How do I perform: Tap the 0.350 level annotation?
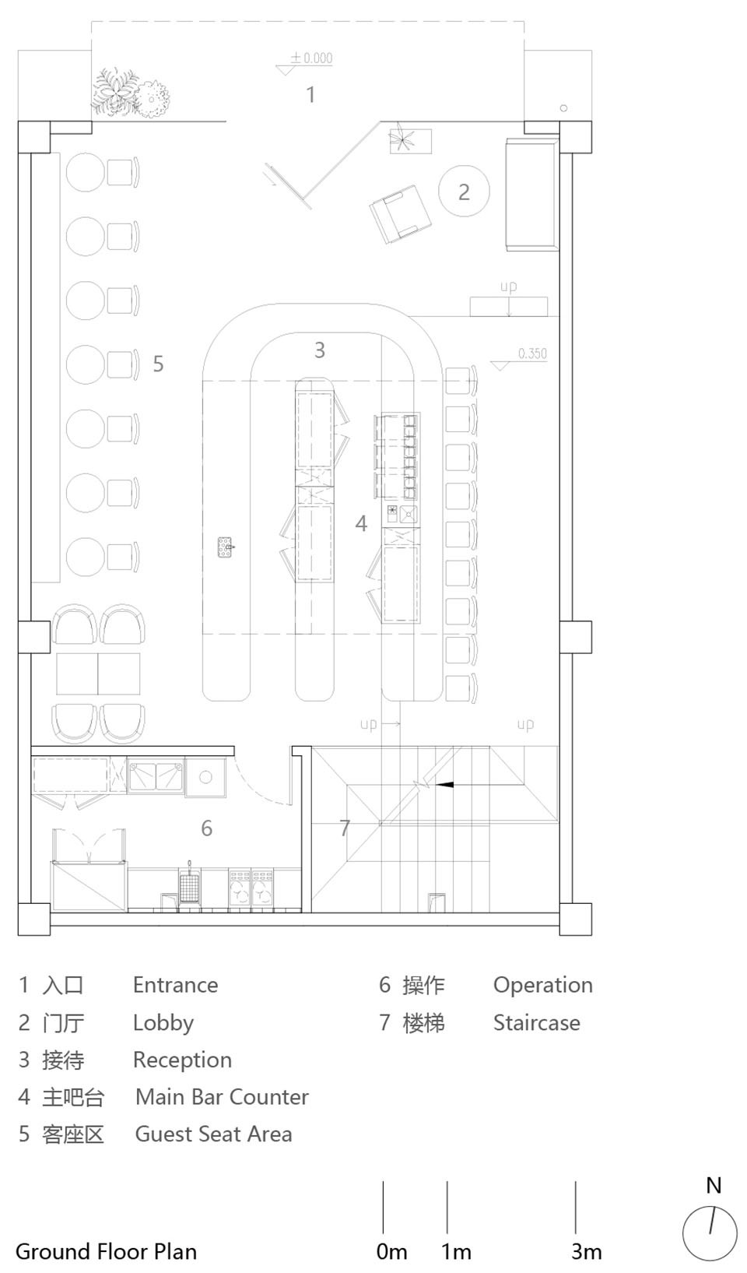coord(531,353)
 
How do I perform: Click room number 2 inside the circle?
coord(464,192)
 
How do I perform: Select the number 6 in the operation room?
coord(206,828)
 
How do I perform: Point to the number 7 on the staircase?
coord(345,828)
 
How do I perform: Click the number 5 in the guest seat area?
coord(158,364)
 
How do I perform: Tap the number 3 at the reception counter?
coord(319,350)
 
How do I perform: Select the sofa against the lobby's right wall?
coord(531,194)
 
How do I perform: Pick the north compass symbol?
coord(710,1233)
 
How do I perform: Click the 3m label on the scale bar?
coord(586,1252)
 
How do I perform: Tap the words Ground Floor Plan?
coord(106,1251)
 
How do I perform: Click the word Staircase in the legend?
coord(536,1022)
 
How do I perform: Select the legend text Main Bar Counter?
coord(222,1097)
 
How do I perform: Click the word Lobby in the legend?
coord(163,1022)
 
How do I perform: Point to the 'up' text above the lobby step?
coord(508,287)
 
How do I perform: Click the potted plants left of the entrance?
coord(130,95)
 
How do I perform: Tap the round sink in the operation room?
coord(205,777)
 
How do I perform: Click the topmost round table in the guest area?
coord(85,172)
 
